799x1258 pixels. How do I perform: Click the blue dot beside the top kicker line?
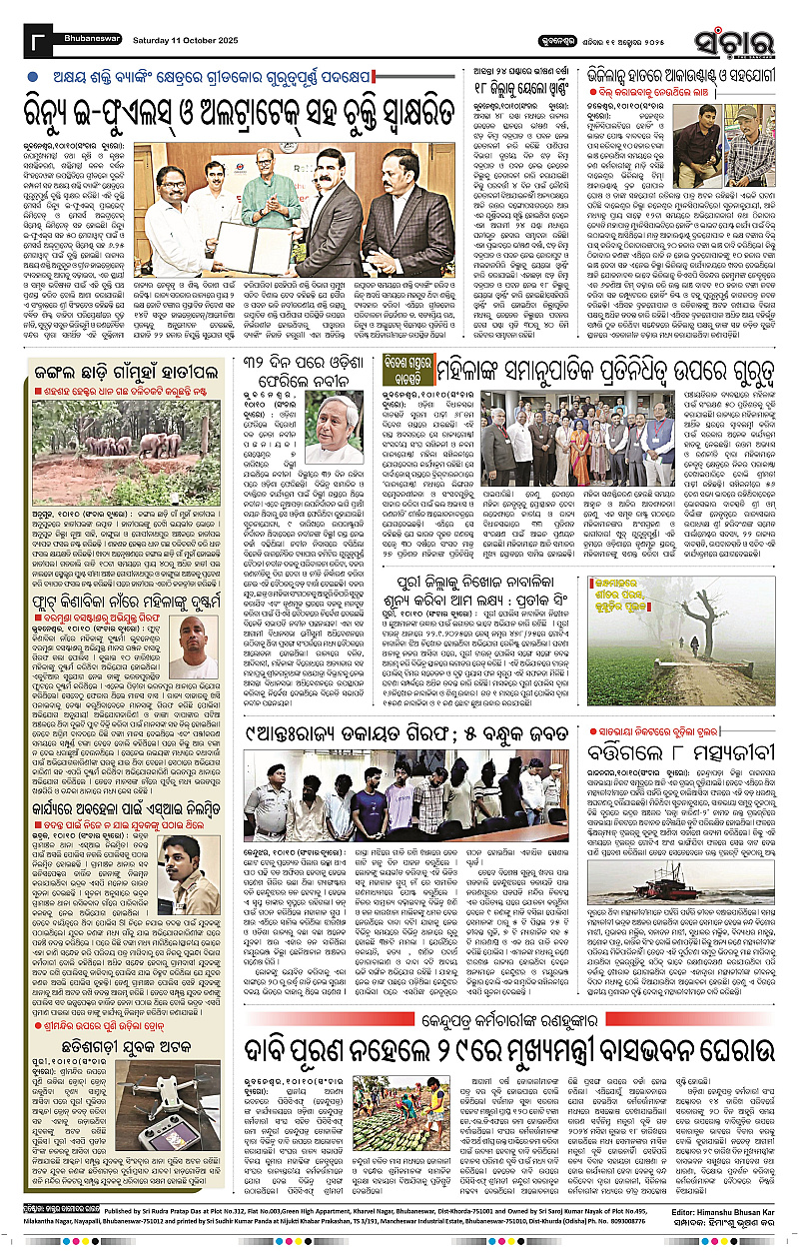click(x=34, y=76)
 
